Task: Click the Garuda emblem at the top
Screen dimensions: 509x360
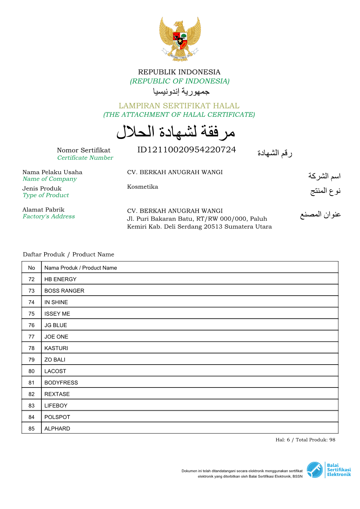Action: [180, 38]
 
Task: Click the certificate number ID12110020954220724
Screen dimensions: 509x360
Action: [187, 150]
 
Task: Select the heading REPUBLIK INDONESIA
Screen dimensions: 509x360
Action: [179, 72]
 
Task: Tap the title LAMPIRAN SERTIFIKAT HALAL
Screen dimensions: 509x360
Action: [179, 106]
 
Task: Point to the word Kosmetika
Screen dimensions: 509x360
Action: [143, 187]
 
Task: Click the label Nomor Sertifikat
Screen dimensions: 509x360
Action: [83, 150]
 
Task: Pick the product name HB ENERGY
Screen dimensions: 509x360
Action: [60, 279]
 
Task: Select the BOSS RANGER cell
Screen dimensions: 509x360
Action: [64, 291]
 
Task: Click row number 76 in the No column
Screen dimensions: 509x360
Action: [32, 325]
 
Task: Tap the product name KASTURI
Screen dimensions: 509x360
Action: [56, 348]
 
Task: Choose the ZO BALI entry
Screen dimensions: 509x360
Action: [55, 360]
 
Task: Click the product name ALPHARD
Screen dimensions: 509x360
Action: [57, 429]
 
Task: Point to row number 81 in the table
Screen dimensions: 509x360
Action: [32, 383]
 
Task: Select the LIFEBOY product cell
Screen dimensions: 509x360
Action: [56, 406]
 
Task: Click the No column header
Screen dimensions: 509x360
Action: [32, 268]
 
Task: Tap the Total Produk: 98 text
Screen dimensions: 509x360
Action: [315, 440]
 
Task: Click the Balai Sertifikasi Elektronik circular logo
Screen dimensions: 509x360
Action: [315, 470]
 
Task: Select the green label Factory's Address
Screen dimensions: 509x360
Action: [49, 217]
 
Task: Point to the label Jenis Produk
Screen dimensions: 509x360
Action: [42, 189]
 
